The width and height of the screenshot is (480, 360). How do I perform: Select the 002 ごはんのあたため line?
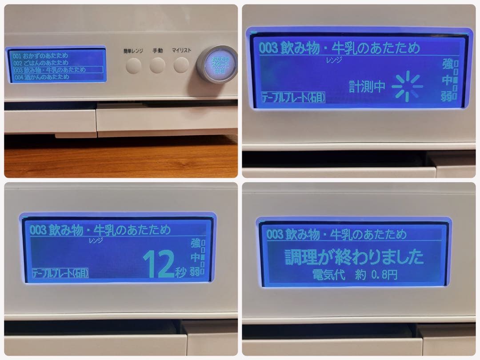pos(41,63)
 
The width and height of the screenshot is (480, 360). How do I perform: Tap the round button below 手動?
pos(157,66)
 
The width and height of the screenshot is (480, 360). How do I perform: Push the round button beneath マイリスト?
pos(181,66)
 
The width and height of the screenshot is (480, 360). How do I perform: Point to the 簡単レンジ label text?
pos(133,51)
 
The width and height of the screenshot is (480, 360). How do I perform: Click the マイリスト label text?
pos(181,51)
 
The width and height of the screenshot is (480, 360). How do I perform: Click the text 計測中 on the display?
pos(367,87)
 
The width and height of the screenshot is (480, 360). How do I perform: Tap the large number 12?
pos(158,265)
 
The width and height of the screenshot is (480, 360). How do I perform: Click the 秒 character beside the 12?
pos(180,272)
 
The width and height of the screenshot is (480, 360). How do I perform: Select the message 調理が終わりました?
pos(354,257)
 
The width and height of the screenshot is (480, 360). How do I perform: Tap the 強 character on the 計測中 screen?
pos(446,65)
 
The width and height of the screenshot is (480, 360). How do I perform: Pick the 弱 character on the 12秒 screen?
pos(195,272)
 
